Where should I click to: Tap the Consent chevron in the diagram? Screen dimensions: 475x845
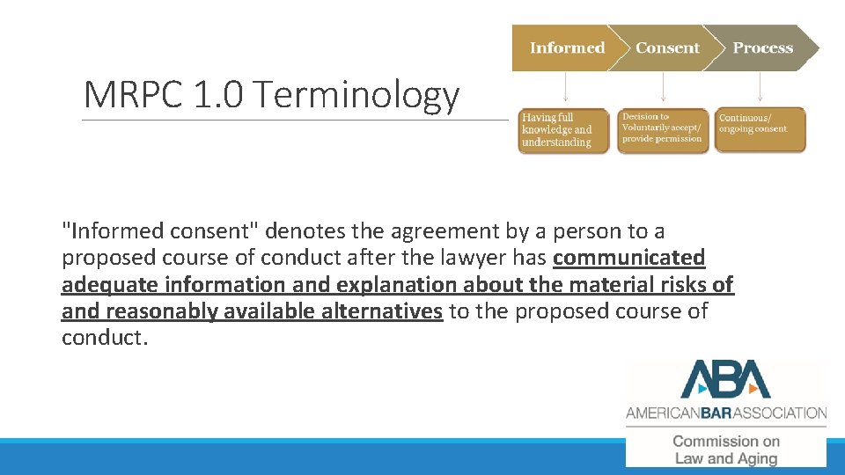tap(667, 48)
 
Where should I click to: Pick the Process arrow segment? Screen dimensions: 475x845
tap(763, 48)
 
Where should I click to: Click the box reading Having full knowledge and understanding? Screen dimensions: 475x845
tap(563, 130)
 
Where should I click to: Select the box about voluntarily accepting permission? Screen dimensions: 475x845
tap(662, 130)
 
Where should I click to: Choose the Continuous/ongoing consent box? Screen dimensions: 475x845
tap(760, 130)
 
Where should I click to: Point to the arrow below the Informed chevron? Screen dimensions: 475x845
tap(565, 89)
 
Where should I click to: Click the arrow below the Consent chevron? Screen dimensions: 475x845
tap(663, 89)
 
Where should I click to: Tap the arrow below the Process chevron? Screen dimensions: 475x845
tap(760, 89)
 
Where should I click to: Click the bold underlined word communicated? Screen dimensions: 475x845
tap(628, 258)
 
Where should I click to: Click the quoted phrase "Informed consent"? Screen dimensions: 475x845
tap(159, 231)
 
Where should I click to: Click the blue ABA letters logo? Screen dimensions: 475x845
tap(725, 380)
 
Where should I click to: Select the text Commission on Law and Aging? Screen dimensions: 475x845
tap(726, 449)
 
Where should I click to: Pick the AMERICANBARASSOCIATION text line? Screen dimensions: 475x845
tap(726, 412)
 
